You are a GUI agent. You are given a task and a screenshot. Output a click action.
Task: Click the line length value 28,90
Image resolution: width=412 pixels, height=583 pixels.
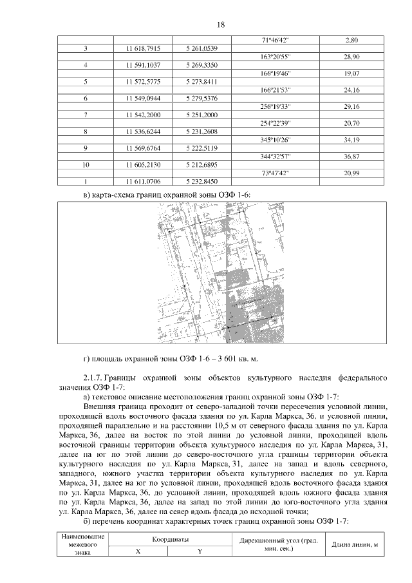351,57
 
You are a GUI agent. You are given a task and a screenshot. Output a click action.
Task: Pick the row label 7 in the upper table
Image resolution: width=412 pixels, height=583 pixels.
86,115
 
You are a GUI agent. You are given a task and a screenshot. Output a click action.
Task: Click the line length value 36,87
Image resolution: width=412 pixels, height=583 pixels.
351,157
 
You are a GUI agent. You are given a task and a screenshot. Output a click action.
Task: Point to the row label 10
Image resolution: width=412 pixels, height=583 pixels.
86,165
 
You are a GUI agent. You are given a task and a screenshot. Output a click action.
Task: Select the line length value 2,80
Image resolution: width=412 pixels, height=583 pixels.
351,41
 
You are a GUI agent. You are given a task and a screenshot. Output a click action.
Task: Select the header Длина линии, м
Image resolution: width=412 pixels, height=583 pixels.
353,544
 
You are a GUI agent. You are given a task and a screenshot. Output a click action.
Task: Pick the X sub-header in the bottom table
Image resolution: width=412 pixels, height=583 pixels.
138,551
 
